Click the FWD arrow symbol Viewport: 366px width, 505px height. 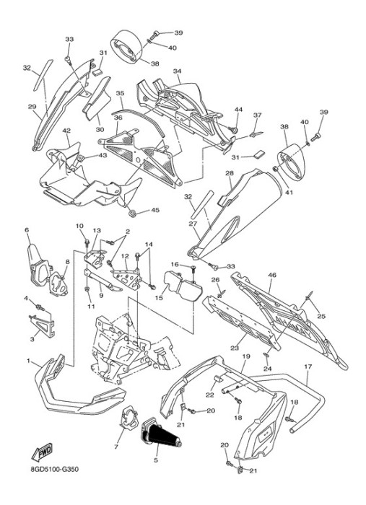[x=42, y=452]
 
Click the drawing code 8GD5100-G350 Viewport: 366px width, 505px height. [x=54, y=469]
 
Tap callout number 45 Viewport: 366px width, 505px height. [x=155, y=210]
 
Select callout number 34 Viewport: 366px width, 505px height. [x=177, y=71]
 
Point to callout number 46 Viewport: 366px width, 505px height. [x=272, y=275]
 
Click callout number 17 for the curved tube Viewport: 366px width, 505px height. [x=308, y=366]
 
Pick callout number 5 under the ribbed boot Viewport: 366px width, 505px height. [x=156, y=460]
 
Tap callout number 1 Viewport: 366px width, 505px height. [x=28, y=361]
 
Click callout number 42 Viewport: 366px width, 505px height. [x=66, y=131]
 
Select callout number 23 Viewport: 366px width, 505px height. [x=235, y=348]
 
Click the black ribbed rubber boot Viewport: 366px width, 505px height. [x=161, y=432]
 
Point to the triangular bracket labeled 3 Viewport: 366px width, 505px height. [x=41, y=325]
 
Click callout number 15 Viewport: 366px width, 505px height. [x=159, y=298]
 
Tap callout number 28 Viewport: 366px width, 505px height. [x=230, y=174]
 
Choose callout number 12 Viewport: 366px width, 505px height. [x=125, y=256]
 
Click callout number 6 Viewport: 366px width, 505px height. [x=27, y=229]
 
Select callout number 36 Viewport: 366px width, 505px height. [x=118, y=118]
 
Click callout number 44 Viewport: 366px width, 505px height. [x=238, y=110]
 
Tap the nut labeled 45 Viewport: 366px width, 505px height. [x=131, y=213]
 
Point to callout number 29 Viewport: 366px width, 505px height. [x=32, y=107]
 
